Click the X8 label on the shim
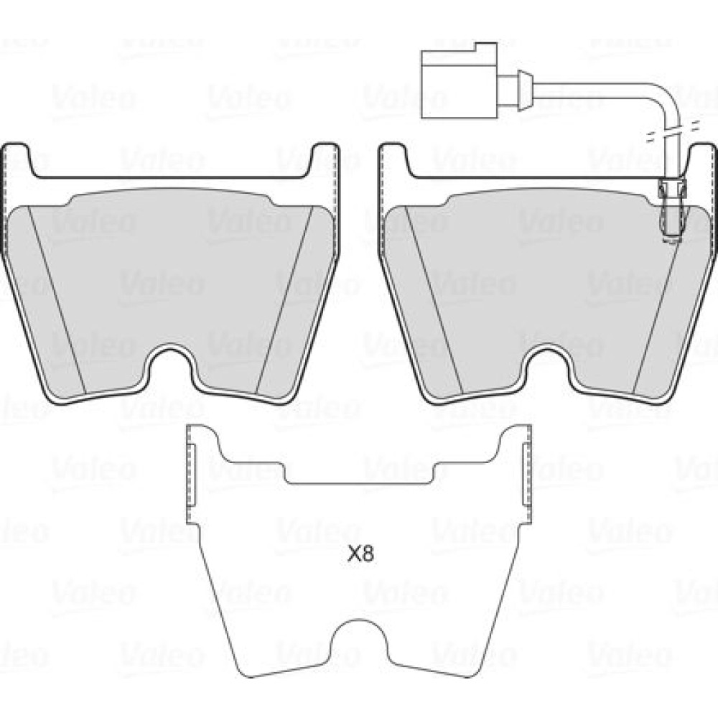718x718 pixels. [361, 555]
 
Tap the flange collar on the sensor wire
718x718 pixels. [524, 90]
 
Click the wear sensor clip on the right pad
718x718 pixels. [672, 209]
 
